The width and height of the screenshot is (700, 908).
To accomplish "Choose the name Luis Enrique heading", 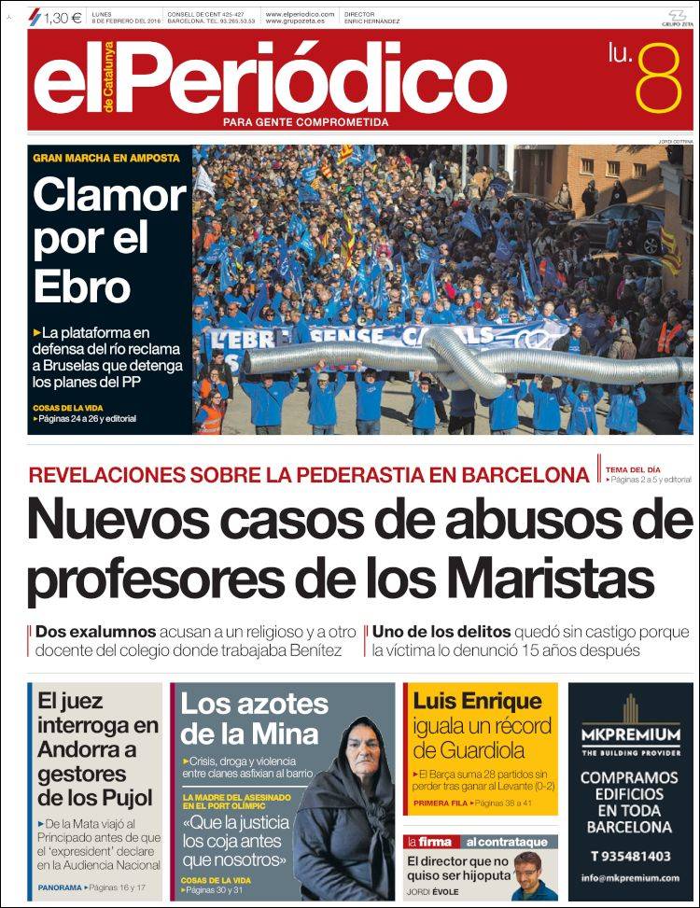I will point(465,702).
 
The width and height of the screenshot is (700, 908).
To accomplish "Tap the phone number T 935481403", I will point(630,856).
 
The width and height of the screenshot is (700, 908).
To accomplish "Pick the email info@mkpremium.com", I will point(630,877).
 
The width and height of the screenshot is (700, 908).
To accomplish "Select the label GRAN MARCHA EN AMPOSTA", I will point(105,158).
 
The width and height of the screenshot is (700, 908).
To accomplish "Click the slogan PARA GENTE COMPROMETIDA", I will point(306,122).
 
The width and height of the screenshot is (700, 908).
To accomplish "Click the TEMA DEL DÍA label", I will point(631,468).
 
